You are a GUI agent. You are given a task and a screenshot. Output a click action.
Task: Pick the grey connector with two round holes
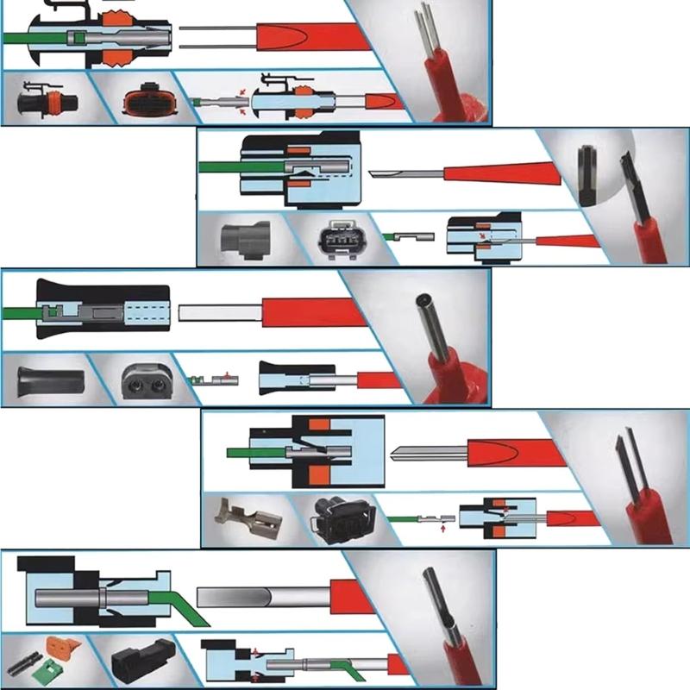[141, 378]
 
